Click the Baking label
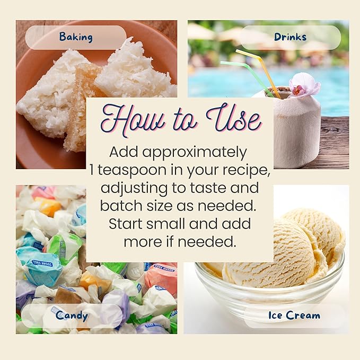click(76, 37)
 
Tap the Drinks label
click(290, 37)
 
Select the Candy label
click(72, 315)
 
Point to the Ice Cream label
click(294, 315)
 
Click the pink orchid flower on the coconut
click(303, 85)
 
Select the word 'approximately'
click(195, 153)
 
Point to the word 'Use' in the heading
click(234, 119)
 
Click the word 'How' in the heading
click(133, 120)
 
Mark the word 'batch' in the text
click(121, 206)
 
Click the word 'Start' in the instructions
click(126, 224)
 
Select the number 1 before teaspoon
click(92, 170)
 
